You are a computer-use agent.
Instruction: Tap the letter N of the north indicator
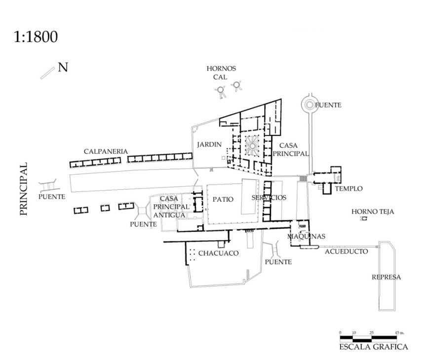tap(63, 67)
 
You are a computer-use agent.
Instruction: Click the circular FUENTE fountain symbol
tap(310, 104)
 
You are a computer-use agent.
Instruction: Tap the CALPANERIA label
tap(106, 151)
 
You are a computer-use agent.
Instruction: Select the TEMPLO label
tap(349, 188)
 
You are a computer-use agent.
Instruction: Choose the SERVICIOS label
tap(269, 197)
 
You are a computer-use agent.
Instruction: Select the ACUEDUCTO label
tap(346, 251)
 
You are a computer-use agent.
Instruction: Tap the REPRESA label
tap(386, 277)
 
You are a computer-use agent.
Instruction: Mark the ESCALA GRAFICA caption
tap(373, 347)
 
